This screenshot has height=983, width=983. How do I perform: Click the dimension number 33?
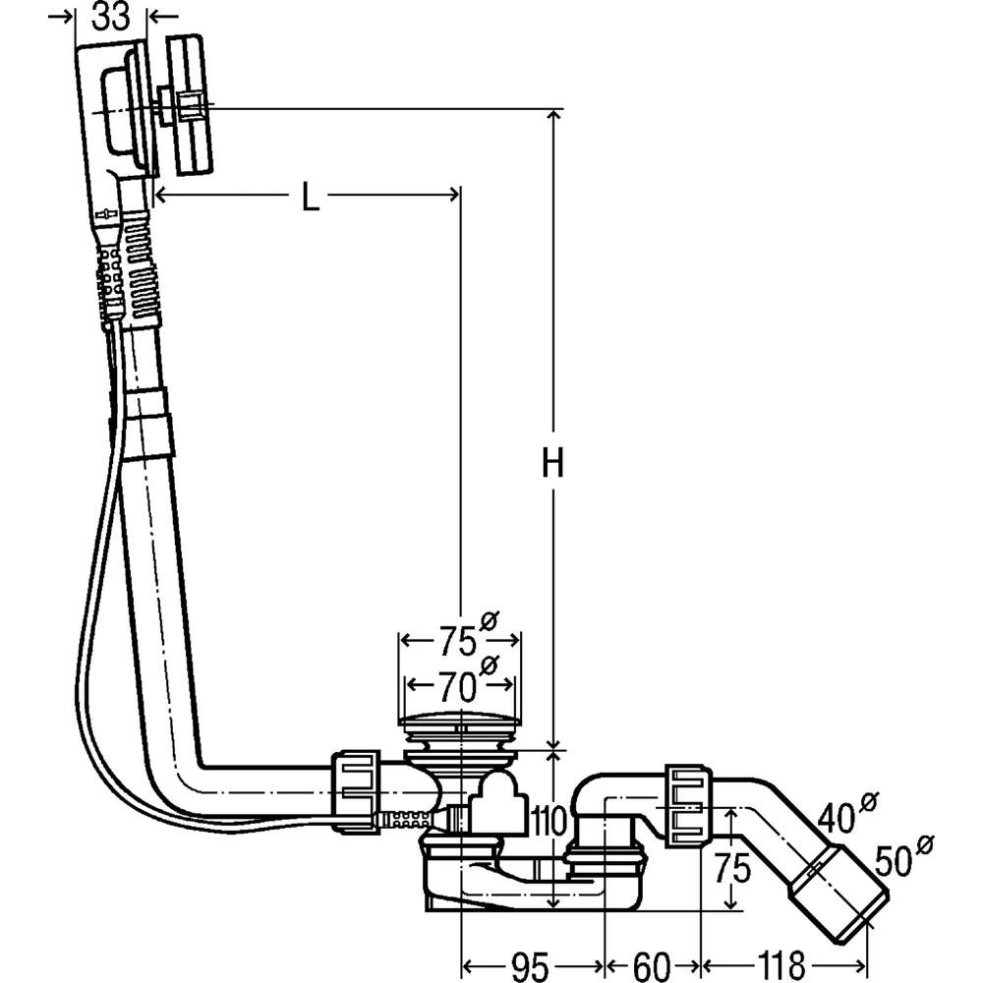pyautogui.click(x=111, y=17)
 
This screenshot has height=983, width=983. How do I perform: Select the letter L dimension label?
pyautogui.click(x=310, y=197)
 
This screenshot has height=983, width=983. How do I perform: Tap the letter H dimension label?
pyautogui.click(x=552, y=463)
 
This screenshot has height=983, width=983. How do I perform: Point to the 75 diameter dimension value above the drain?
pyautogui.click(x=457, y=641)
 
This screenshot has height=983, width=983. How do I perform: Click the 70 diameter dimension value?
pyautogui.click(x=457, y=687)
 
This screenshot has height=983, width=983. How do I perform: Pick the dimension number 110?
pyautogui.click(x=549, y=821)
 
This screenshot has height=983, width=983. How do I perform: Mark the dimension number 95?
pyautogui.click(x=530, y=966)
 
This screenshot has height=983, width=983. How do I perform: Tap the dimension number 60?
pyautogui.click(x=652, y=966)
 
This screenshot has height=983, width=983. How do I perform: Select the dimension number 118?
pyautogui.click(x=781, y=966)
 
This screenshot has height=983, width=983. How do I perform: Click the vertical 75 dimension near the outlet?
pyautogui.click(x=732, y=868)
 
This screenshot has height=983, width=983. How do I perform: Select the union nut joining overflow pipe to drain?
pyautogui.click(x=355, y=790)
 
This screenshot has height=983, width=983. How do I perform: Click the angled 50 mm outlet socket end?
pyautogui.click(x=838, y=894)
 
